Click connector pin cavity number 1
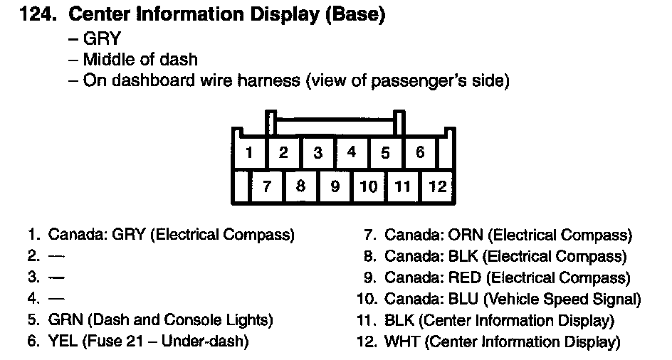(248, 152)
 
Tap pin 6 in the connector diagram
(420, 152)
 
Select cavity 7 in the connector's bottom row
(267, 186)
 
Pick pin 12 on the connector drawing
(438, 186)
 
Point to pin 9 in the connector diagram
(335, 186)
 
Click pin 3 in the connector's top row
(317, 152)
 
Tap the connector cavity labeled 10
(368, 186)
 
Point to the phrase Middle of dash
(140, 60)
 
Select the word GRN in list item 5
(63, 320)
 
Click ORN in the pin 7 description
(466, 235)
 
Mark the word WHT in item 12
(401, 342)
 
